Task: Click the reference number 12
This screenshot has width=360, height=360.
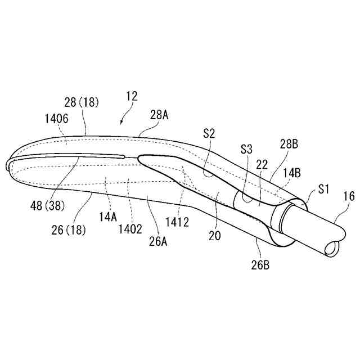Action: (131, 96)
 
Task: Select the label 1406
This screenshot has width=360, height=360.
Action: (56, 119)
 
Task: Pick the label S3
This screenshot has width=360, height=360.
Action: (246, 150)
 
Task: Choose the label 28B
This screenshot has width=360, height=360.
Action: (290, 145)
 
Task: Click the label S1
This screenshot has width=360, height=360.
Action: (323, 188)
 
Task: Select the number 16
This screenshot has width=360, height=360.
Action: (349, 196)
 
